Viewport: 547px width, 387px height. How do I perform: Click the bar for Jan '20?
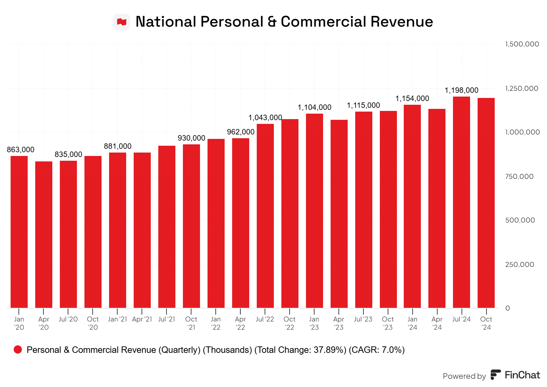[x=19, y=232]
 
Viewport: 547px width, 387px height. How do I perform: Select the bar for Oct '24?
[x=486, y=203]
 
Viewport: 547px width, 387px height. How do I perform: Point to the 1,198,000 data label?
[x=462, y=90]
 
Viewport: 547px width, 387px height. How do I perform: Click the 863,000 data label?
[x=21, y=150]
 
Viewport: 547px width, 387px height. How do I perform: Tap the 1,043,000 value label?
[x=265, y=118]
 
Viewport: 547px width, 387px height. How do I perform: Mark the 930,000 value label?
[x=191, y=138]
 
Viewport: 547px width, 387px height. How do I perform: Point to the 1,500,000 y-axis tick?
[x=522, y=44]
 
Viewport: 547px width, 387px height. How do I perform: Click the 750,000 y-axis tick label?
[x=519, y=176]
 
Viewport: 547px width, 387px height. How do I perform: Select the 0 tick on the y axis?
[x=508, y=308]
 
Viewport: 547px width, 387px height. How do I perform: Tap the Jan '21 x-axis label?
[x=117, y=319]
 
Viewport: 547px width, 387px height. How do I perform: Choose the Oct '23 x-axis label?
[x=388, y=323]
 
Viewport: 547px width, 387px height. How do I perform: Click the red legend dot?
[x=18, y=349]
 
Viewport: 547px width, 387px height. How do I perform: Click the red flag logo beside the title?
[x=122, y=22]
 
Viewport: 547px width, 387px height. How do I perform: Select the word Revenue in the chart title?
[x=402, y=22]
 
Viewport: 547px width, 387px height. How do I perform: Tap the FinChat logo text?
[x=522, y=375]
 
